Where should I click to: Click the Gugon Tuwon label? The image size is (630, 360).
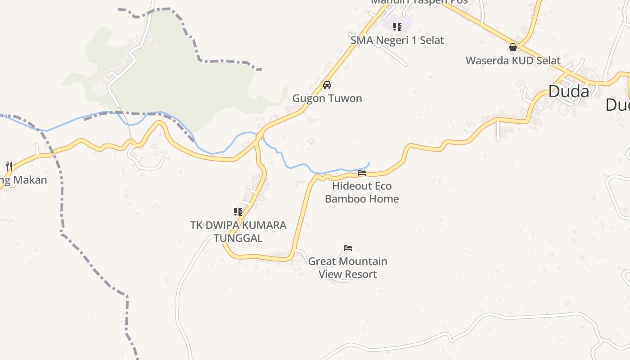pos(327,98)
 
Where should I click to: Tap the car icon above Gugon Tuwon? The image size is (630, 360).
pos(327,85)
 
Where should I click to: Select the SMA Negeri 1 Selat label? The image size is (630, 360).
pos(397,40)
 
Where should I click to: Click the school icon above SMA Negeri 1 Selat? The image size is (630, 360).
pos(397,27)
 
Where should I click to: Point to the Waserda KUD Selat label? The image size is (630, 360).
pos(513,61)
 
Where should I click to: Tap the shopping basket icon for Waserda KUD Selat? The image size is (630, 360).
pos(513,47)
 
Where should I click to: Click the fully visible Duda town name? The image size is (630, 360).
pos(568,92)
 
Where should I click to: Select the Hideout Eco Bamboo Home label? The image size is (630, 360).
pos(362,192)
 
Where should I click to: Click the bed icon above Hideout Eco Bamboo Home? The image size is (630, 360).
pos(361,172)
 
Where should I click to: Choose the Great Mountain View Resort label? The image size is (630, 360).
pos(347,267)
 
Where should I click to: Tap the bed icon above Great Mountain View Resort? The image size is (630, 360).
pos(347,248)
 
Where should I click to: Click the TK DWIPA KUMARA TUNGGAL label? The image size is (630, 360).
pos(238,231)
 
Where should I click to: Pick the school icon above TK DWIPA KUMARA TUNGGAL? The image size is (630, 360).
pos(238,211)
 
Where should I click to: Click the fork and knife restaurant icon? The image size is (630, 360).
pos(9,166)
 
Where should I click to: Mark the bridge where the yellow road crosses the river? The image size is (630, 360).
pos(260,135)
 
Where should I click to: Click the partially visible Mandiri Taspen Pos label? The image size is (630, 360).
pos(419,2)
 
